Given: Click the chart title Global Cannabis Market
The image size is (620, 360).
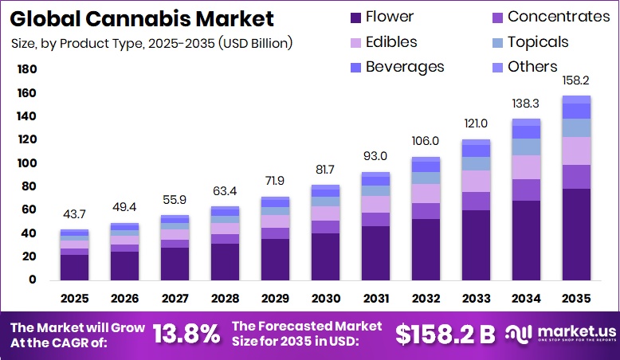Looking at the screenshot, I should pos(143,18).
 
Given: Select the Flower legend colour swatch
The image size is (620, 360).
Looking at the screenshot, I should pos(355,17).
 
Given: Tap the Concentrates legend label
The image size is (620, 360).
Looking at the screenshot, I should pos(559,17).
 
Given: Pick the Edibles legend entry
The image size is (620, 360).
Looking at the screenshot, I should pos(391,42).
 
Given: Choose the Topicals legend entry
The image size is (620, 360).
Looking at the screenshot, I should pos(538,42).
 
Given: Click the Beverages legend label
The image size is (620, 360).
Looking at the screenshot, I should pos(405,67).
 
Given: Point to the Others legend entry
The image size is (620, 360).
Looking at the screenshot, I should pos(532,67).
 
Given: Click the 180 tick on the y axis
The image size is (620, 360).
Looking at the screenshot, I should pos(27,70).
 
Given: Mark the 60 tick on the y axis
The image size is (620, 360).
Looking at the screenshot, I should pos(30,210).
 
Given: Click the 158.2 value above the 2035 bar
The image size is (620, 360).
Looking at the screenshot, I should pos(576,81).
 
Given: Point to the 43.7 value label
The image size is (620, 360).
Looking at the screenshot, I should pos(75,216).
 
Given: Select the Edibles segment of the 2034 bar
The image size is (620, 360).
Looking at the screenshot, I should pos(526,167).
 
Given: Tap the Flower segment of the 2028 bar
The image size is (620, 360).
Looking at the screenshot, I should pos(226,261).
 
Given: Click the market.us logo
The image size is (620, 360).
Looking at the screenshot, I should pos(559,333).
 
